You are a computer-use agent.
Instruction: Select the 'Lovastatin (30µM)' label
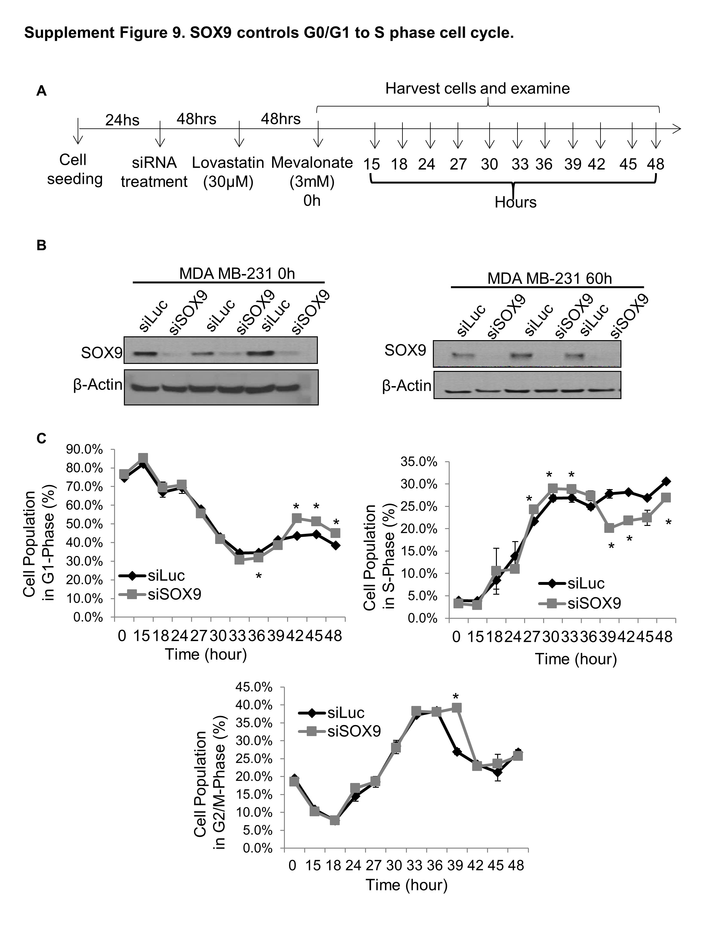coord(228,172)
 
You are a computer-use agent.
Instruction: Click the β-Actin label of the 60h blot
coord(407,386)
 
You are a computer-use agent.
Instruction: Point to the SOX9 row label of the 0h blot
coord(101,353)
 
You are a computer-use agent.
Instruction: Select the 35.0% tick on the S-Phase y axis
coord(419,462)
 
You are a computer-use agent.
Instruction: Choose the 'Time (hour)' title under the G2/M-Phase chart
coord(406,885)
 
